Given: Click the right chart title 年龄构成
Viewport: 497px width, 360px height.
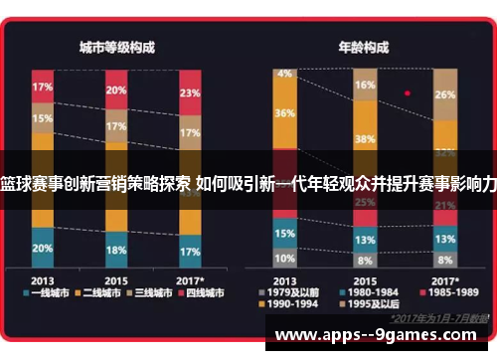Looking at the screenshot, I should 365,46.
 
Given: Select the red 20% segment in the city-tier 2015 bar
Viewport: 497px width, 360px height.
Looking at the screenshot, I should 116,90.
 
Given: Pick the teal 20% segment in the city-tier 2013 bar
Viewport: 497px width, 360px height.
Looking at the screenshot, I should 43,248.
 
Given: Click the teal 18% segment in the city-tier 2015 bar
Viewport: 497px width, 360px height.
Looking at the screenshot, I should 116,250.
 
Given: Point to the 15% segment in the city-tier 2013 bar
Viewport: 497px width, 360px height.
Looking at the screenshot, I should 43,119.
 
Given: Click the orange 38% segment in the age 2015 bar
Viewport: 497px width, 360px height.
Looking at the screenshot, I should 365,138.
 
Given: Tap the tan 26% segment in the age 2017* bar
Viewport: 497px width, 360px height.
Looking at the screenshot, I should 445,94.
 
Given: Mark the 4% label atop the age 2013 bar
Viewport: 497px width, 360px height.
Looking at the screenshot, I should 286,73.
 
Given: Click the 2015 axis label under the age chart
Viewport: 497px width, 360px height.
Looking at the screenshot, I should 365,279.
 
